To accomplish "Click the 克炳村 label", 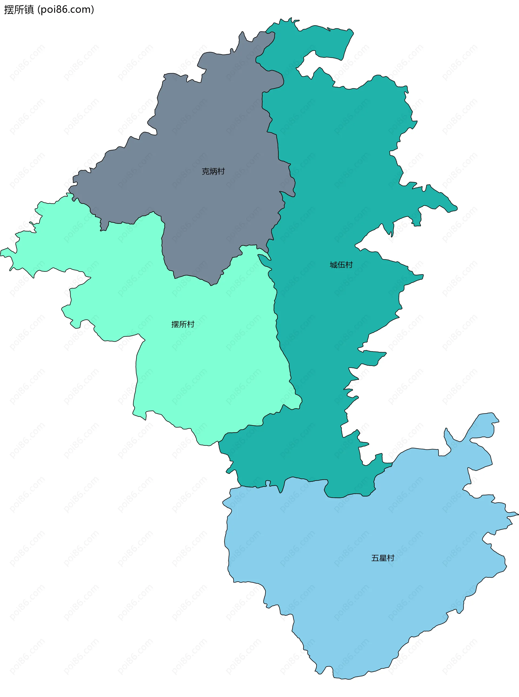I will click(213, 171).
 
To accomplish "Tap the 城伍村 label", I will click(341, 265).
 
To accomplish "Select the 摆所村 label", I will click(182, 324).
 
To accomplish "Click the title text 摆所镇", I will click(19, 10).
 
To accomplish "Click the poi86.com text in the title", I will click(66, 10).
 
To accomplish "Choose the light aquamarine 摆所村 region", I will click(204, 361).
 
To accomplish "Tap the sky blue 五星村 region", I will click(361, 596).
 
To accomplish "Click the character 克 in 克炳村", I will click(205, 171).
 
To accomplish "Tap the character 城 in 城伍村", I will click(333, 265).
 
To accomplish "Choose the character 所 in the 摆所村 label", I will click(182, 324).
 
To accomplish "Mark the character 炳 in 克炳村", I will click(213, 171).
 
